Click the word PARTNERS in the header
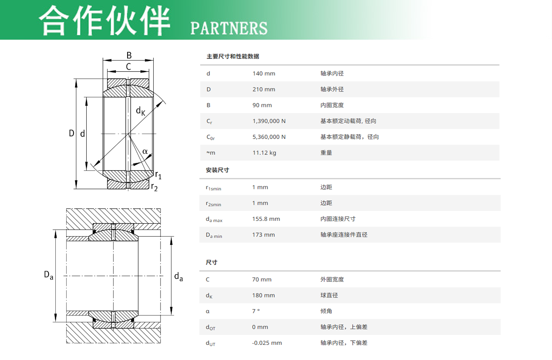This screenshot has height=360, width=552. [229, 28]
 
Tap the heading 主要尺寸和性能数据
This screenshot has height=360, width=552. [233, 57]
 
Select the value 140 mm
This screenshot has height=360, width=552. [264, 73]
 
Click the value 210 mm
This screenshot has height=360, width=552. [264, 89]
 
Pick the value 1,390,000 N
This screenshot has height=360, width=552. [269, 121]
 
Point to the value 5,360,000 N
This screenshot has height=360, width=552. [269, 137]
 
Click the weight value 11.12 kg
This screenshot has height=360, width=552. [264, 153]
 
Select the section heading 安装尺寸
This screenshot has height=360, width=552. [217, 170]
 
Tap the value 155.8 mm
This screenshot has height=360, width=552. [266, 218]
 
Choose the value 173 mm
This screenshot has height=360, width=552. [263, 235]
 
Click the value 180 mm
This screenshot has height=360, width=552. [263, 295]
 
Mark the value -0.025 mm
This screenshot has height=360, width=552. [267, 343]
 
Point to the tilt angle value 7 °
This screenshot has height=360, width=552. [256, 311]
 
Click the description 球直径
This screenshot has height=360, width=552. [329, 295]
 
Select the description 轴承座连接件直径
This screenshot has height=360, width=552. [344, 235]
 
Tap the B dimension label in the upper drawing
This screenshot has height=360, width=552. [129, 55]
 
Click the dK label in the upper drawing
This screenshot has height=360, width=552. [140, 111]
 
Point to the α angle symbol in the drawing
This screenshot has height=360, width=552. [145, 151]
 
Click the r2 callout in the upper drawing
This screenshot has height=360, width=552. [154, 187]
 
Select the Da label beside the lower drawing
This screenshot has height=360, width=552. [49, 275]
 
